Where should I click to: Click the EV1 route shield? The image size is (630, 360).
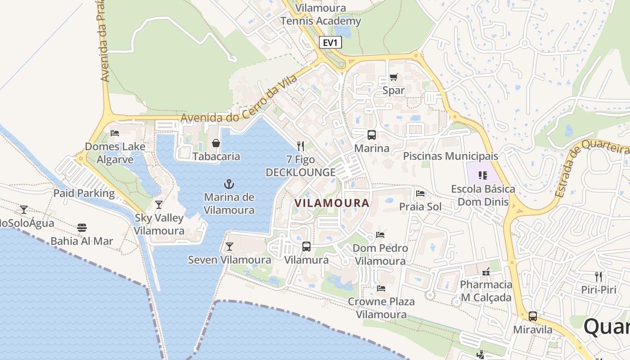(x=330, y=43)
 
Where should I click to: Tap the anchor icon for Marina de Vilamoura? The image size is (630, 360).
(x=229, y=184)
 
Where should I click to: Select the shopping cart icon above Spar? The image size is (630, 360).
(x=394, y=77)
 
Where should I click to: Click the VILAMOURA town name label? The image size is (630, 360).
(x=332, y=203)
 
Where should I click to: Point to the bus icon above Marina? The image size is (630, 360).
(x=372, y=135)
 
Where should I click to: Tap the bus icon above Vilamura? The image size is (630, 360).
(x=306, y=246)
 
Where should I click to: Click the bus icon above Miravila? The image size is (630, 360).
(x=533, y=316)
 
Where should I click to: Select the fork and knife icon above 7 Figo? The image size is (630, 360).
(x=301, y=146)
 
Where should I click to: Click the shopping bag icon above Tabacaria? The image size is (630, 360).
(x=216, y=143)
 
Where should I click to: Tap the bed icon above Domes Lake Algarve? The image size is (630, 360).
(x=115, y=133)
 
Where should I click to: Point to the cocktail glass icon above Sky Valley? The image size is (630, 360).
(x=159, y=205)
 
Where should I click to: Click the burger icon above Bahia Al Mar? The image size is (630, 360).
(x=81, y=227)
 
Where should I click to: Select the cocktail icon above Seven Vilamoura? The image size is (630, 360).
(x=229, y=246)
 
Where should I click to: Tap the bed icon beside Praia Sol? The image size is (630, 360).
(x=420, y=193)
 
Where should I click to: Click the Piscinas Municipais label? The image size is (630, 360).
(x=450, y=156)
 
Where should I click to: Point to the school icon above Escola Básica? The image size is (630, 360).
(x=483, y=175)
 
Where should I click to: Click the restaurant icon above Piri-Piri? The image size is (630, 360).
(x=598, y=276)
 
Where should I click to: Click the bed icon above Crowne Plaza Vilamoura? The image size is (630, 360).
(x=381, y=288)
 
